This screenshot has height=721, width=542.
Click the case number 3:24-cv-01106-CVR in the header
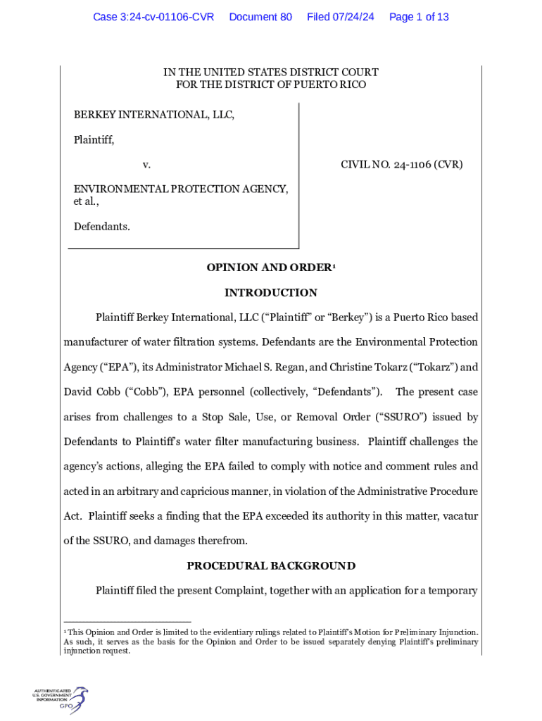point(153,17)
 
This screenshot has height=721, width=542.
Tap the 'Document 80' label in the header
point(260,17)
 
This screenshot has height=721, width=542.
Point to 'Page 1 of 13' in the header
point(419,17)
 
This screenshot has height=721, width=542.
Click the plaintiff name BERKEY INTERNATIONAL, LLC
point(154,115)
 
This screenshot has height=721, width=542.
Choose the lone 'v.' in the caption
point(146,165)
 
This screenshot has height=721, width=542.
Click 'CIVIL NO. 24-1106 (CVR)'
point(401,165)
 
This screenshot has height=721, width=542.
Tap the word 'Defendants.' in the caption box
point(102,227)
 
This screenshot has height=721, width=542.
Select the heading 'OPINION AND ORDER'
point(268,268)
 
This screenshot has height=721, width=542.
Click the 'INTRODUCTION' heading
point(271,293)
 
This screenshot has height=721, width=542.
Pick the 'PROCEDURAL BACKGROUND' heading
point(271,566)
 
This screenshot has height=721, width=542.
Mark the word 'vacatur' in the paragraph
point(460,516)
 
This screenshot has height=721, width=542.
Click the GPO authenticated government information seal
point(61,700)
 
